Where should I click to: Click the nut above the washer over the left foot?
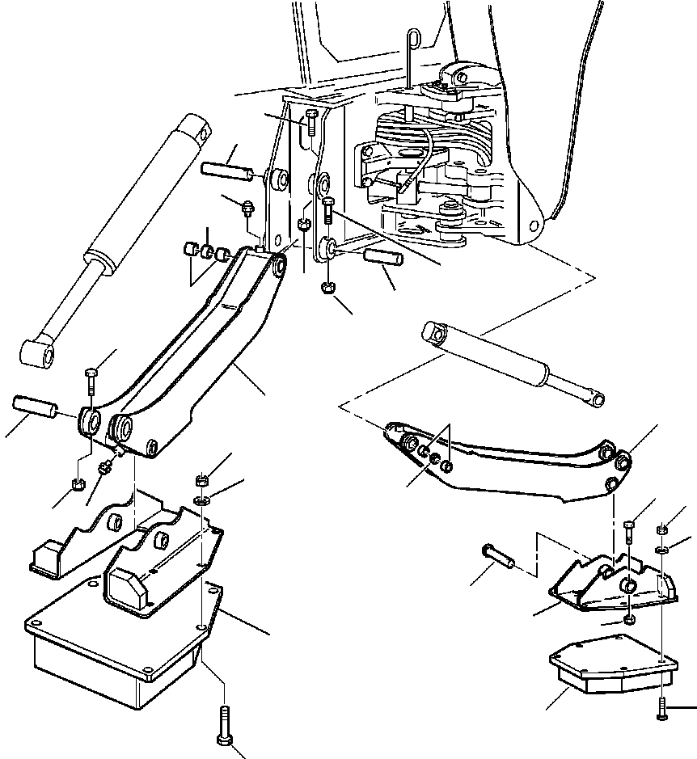[201, 482]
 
